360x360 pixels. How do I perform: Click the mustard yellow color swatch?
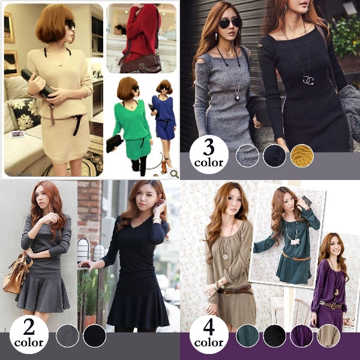pyautogui.click(x=302, y=155)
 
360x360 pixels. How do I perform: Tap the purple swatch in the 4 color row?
pyautogui.click(x=301, y=335)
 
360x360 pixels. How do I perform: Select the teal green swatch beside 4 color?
pyautogui.click(x=247, y=335)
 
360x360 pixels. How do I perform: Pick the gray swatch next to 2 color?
pyautogui.click(x=67, y=335)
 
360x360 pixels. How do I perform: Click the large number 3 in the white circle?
pyautogui.click(x=209, y=147)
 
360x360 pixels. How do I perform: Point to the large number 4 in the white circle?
pyautogui.click(x=209, y=327)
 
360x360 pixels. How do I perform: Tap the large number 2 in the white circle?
pyautogui.click(x=29, y=327)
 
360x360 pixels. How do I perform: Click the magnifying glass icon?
pyautogui.click(x=174, y=174)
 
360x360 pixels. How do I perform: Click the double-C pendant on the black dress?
pyautogui.click(x=308, y=80)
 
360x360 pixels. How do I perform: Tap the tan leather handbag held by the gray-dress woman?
pyautogui.click(x=17, y=274)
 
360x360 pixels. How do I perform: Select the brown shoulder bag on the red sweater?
pyautogui.click(x=140, y=63)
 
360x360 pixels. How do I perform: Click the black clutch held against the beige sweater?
pyautogui.click(x=38, y=83)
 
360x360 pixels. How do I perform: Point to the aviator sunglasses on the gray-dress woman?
pyautogui.click(x=230, y=23)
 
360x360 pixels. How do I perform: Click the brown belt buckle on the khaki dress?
pyautogui.click(x=227, y=292)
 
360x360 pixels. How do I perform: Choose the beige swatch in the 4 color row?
pyautogui.click(x=328, y=335)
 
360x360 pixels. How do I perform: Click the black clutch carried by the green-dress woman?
pyautogui.click(x=115, y=143)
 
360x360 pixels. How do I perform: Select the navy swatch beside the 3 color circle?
pyautogui.click(x=274, y=155)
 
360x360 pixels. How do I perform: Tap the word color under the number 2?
pyautogui.click(x=29, y=343)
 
